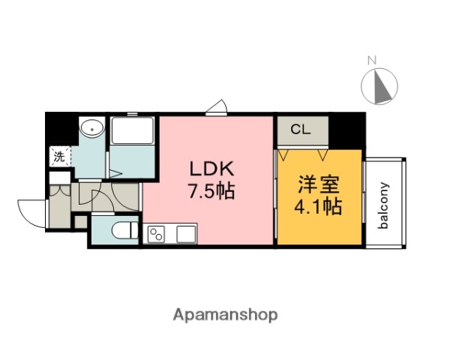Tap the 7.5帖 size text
pyautogui.click(x=211, y=191)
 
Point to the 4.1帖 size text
pyautogui.click(x=318, y=205)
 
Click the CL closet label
pyautogui.click(x=300, y=129)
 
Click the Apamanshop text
pyautogui.click(x=225, y=315)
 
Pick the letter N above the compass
pyautogui.click(x=370, y=59)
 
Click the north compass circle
pyautogui.click(x=380, y=85)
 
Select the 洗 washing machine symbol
pyautogui.click(x=58, y=157)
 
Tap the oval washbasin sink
pyautogui.click(x=91, y=128)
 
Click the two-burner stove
pyautogui.click(x=157, y=234)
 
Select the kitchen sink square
pyautogui.click(x=184, y=233)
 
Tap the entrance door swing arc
pyautogui.click(x=30, y=211)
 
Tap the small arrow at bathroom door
pyautogui.click(x=115, y=173)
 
